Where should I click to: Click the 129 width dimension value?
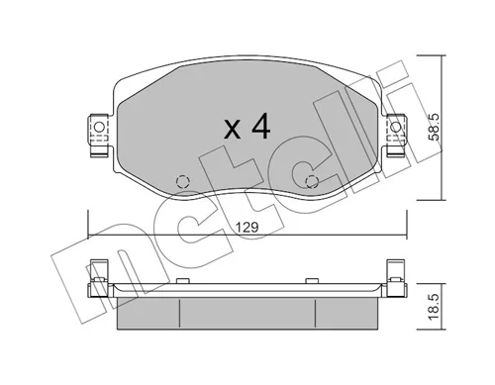[x=247, y=228]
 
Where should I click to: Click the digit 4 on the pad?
[x=260, y=126]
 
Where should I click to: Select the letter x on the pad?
[x=232, y=130]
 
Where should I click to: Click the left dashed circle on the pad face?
[x=182, y=181]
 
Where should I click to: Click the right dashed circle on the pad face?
[x=312, y=181]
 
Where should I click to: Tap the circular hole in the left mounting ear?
[x=99, y=127]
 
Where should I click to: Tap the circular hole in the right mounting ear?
[x=396, y=127]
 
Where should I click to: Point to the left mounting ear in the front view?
[x=99, y=135]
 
